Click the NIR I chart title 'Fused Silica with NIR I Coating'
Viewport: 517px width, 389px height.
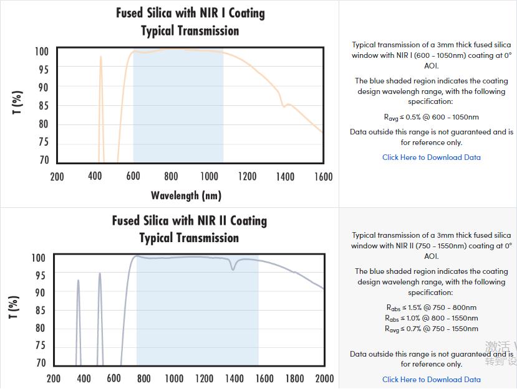[x=190, y=13]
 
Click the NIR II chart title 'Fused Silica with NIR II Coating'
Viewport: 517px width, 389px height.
[x=190, y=221]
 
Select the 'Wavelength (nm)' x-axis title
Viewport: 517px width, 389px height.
[x=186, y=195]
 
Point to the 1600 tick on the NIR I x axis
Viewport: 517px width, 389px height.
[x=323, y=177]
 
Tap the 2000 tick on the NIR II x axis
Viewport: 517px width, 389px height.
[x=324, y=378]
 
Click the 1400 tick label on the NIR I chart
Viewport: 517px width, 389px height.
[x=285, y=177]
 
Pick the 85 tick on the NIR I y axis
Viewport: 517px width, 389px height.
[x=42, y=106]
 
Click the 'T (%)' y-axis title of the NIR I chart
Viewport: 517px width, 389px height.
[x=18, y=103]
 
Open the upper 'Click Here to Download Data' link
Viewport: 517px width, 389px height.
[x=432, y=157]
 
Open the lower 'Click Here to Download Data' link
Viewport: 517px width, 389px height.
[x=432, y=379]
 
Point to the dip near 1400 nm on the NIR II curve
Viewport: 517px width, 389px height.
[x=234, y=268]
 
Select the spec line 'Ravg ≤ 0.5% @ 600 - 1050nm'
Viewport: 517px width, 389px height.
[x=432, y=117]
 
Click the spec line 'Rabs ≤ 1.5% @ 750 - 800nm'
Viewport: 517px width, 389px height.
[x=432, y=307]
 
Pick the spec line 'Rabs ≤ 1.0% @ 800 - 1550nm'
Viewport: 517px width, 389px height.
[x=432, y=318]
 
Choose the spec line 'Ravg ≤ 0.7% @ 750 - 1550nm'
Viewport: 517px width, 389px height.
[x=432, y=329]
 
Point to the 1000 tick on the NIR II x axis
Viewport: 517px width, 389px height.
[x=174, y=378]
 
